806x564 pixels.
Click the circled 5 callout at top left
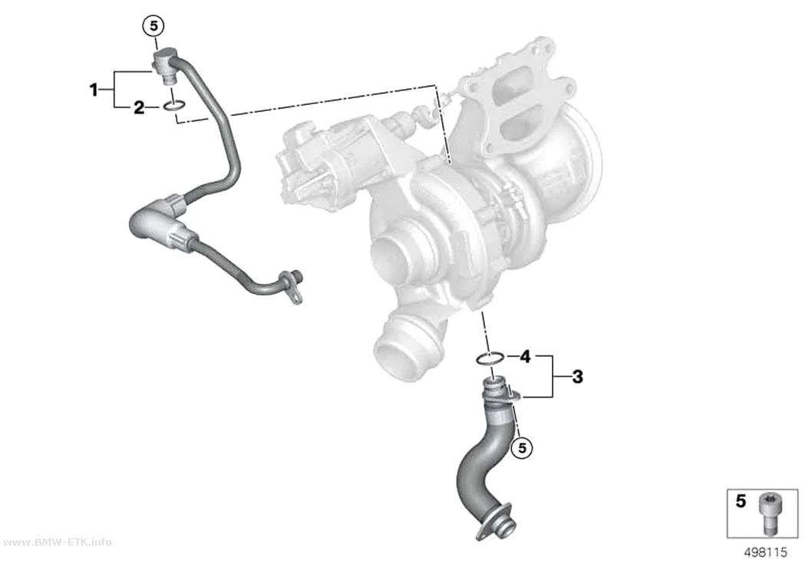[x=154, y=25]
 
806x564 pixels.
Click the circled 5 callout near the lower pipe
[x=522, y=448]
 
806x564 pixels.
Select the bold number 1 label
[x=94, y=91]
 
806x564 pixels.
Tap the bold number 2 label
[x=139, y=108]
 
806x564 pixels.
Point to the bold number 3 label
[x=578, y=377]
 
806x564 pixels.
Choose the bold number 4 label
[x=525, y=356]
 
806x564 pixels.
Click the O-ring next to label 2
[x=174, y=107]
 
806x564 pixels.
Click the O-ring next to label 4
[x=490, y=358]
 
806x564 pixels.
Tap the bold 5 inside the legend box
[x=741, y=501]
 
